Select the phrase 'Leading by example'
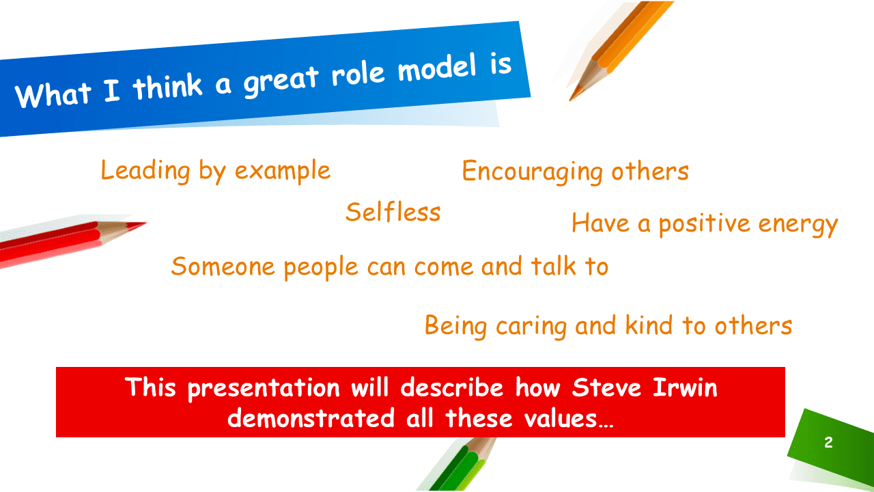(x=216, y=171)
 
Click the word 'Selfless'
(x=393, y=212)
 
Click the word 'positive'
(x=704, y=224)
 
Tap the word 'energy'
(x=798, y=225)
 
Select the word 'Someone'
(x=223, y=266)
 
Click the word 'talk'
(x=554, y=266)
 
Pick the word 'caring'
(x=531, y=327)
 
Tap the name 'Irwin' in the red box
(x=685, y=387)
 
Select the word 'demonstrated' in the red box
(x=311, y=418)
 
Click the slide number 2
(x=829, y=442)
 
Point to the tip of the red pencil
(x=145, y=223)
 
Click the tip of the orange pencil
(x=570, y=100)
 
